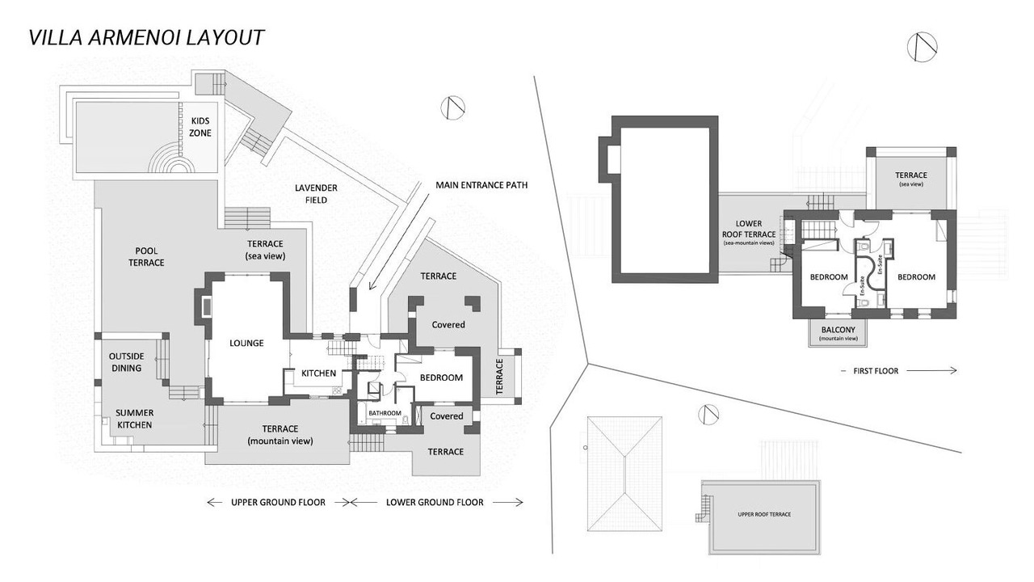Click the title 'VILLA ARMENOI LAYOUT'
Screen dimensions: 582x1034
(146, 37)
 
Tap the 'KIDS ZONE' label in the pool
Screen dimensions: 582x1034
(200, 127)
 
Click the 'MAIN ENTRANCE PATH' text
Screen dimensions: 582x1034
(481, 185)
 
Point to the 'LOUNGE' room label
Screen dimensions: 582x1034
(246, 343)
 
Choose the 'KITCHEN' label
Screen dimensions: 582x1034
(318, 373)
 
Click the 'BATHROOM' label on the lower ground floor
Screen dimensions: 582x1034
(385, 413)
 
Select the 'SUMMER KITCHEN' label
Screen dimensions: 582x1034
(134, 418)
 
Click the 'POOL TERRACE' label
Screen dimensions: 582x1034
(146, 256)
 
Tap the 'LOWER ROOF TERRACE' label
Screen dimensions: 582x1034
(750, 232)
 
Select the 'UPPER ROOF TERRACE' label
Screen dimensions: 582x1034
(764, 514)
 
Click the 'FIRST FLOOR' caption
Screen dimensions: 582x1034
(876, 371)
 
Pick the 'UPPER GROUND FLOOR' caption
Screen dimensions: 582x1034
(278, 502)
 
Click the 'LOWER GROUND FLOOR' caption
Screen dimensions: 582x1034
(435, 502)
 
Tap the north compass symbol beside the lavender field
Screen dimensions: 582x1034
(452, 108)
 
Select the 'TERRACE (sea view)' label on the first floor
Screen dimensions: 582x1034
(910, 179)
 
